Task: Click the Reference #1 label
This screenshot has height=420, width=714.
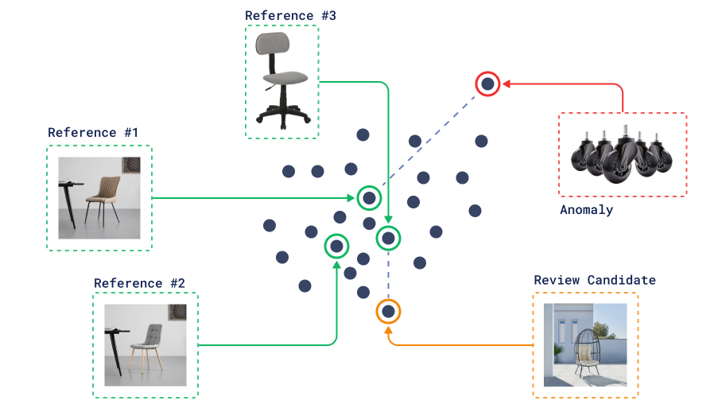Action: pos(93,133)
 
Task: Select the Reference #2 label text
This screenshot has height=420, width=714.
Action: pos(139,283)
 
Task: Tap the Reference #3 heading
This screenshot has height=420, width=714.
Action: pos(290,15)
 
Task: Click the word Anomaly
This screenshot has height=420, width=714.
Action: pos(586,210)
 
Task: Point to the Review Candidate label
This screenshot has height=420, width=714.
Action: pos(595,280)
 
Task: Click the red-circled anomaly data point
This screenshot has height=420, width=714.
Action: pos(487,83)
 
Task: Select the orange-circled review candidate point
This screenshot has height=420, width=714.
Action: pos(388,310)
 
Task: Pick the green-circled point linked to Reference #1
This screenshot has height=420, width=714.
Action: pos(369,197)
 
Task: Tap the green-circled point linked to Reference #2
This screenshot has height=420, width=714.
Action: pos(337,246)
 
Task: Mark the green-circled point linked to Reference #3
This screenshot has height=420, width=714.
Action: pos(389,237)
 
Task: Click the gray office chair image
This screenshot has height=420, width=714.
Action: pos(282,81)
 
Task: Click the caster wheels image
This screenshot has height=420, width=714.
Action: pos(622,154)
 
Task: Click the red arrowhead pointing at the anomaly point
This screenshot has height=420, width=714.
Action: pos(506,83)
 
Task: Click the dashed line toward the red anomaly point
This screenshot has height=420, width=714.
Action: pos(429,138)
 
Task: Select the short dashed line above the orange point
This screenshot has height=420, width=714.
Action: pos(388,274)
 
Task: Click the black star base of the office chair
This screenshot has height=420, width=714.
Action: pos(283,114)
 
